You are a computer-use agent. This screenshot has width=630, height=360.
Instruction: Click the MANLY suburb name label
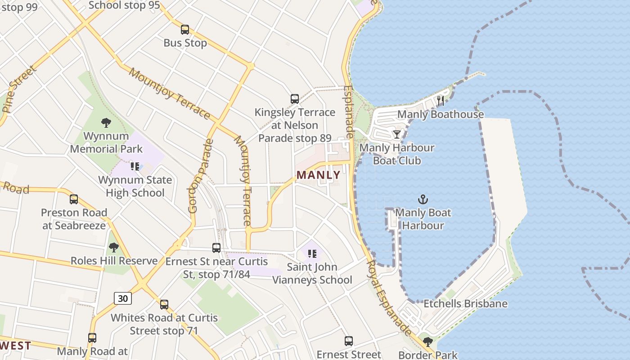coord(319,175)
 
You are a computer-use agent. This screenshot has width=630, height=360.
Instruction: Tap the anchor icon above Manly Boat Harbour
coord(423,199)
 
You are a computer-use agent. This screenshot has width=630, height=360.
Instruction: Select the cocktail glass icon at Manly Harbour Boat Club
coord(396,135)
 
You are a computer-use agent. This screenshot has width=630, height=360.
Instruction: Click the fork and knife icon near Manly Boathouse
coord(441,101)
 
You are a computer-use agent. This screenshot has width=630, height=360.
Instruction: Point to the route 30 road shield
coord(122,298)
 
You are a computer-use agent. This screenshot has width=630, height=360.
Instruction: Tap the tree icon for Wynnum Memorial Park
coord(106,122)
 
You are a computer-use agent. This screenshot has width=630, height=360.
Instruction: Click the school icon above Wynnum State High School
coord(135,166)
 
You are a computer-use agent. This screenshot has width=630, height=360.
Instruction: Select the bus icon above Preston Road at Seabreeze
coord(74,199)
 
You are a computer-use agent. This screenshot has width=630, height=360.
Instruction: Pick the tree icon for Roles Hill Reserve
coord(114,247)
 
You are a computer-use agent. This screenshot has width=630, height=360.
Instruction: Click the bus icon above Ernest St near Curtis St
coord(216,248)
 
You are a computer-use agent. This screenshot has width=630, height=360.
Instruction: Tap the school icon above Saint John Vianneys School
coord(312,254)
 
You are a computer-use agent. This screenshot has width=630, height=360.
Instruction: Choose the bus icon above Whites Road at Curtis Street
coord(164,304)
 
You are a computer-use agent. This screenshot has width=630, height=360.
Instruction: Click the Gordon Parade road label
coord(201,176)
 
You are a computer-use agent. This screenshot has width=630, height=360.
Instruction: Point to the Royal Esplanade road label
coord(390,297)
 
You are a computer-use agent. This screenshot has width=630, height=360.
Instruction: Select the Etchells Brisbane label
coord(465,304)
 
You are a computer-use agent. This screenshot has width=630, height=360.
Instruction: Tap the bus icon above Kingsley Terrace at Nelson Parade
coord(295,99)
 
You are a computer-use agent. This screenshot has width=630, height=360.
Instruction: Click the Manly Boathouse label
coord(440,114)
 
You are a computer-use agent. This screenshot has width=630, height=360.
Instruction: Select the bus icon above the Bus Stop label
coord(185,30)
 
